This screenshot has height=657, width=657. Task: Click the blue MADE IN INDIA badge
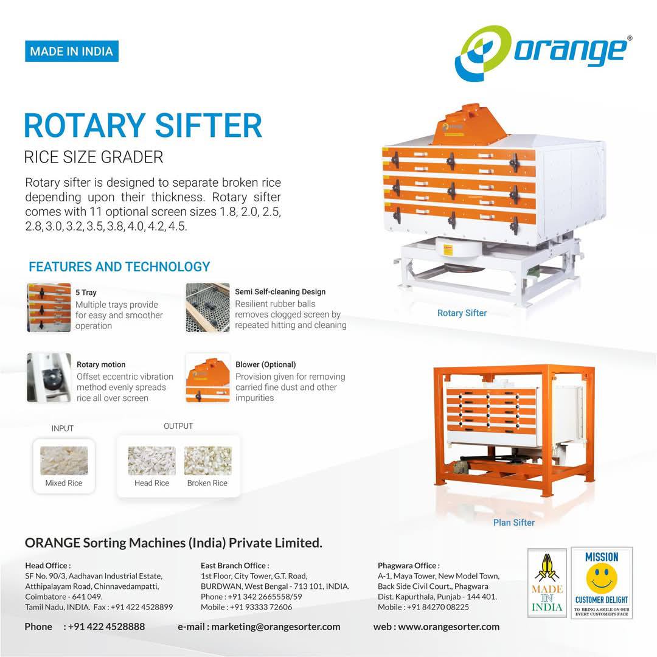point(72,51)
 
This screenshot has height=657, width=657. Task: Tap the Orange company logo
point(543,53)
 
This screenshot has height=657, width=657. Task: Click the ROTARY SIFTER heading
point(143,125)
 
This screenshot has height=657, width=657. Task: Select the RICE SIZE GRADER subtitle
point(94,157)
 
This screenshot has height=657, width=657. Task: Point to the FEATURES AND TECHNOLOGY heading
point(119,266)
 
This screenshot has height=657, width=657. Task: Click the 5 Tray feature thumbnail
point(49,308)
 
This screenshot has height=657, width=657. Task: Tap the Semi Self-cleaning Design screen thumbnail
point(208,308)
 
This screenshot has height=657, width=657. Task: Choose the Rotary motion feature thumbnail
point(49,378)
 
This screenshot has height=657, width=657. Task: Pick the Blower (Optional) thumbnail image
point(208,378)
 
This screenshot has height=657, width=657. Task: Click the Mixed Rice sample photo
point(64,461)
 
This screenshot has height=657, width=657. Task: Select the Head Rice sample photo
point(151,461)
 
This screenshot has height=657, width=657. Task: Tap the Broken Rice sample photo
point(208,461)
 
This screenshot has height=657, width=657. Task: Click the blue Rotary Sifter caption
point(462,313)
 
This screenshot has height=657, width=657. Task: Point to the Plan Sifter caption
point(513,523)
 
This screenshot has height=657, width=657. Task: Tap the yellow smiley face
point(602,579)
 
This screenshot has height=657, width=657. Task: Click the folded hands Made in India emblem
point(547,583)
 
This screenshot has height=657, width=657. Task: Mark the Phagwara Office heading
point(409,566)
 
